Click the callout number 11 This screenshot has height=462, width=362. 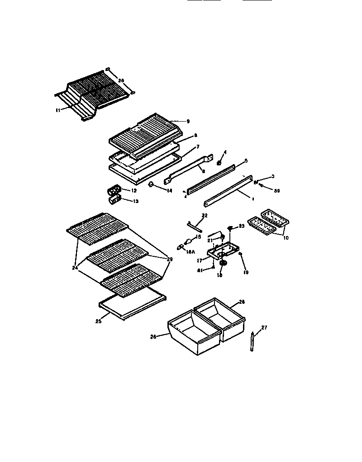[x=57, y=109]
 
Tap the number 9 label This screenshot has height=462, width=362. [x=187, y=121]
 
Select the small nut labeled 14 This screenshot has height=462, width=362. [x=151, y=184]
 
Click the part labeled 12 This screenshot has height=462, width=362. [x=114, y=189]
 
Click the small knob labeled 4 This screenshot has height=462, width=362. [x=219, y=162]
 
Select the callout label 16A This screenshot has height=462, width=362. [x=191, y=253]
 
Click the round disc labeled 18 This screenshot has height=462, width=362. [x=223, y=263]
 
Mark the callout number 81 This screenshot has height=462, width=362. [x=200, y=270]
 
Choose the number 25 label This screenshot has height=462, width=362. [x=98, y=321]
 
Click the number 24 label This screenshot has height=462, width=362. [x=75, y=267]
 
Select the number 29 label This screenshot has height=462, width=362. [x=170, y=259]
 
